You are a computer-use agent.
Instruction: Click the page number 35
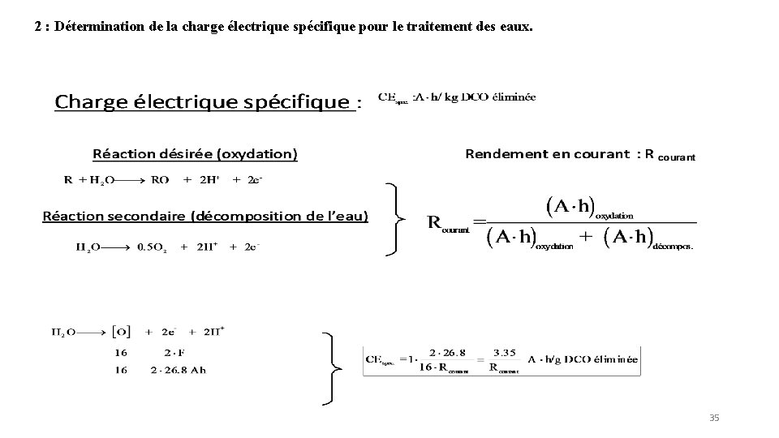point(714,418)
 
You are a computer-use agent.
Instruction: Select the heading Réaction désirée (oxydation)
point(196,153)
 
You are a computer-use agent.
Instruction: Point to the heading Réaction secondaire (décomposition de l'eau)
point(204,216)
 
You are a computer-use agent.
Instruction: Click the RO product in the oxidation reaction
point(161,180)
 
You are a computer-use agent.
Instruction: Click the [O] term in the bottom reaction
point(121,332)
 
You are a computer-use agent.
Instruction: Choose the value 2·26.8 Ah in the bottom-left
point(179,371)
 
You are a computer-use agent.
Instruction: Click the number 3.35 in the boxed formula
point(504,351)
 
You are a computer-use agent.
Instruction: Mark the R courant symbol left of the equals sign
point(448,223)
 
